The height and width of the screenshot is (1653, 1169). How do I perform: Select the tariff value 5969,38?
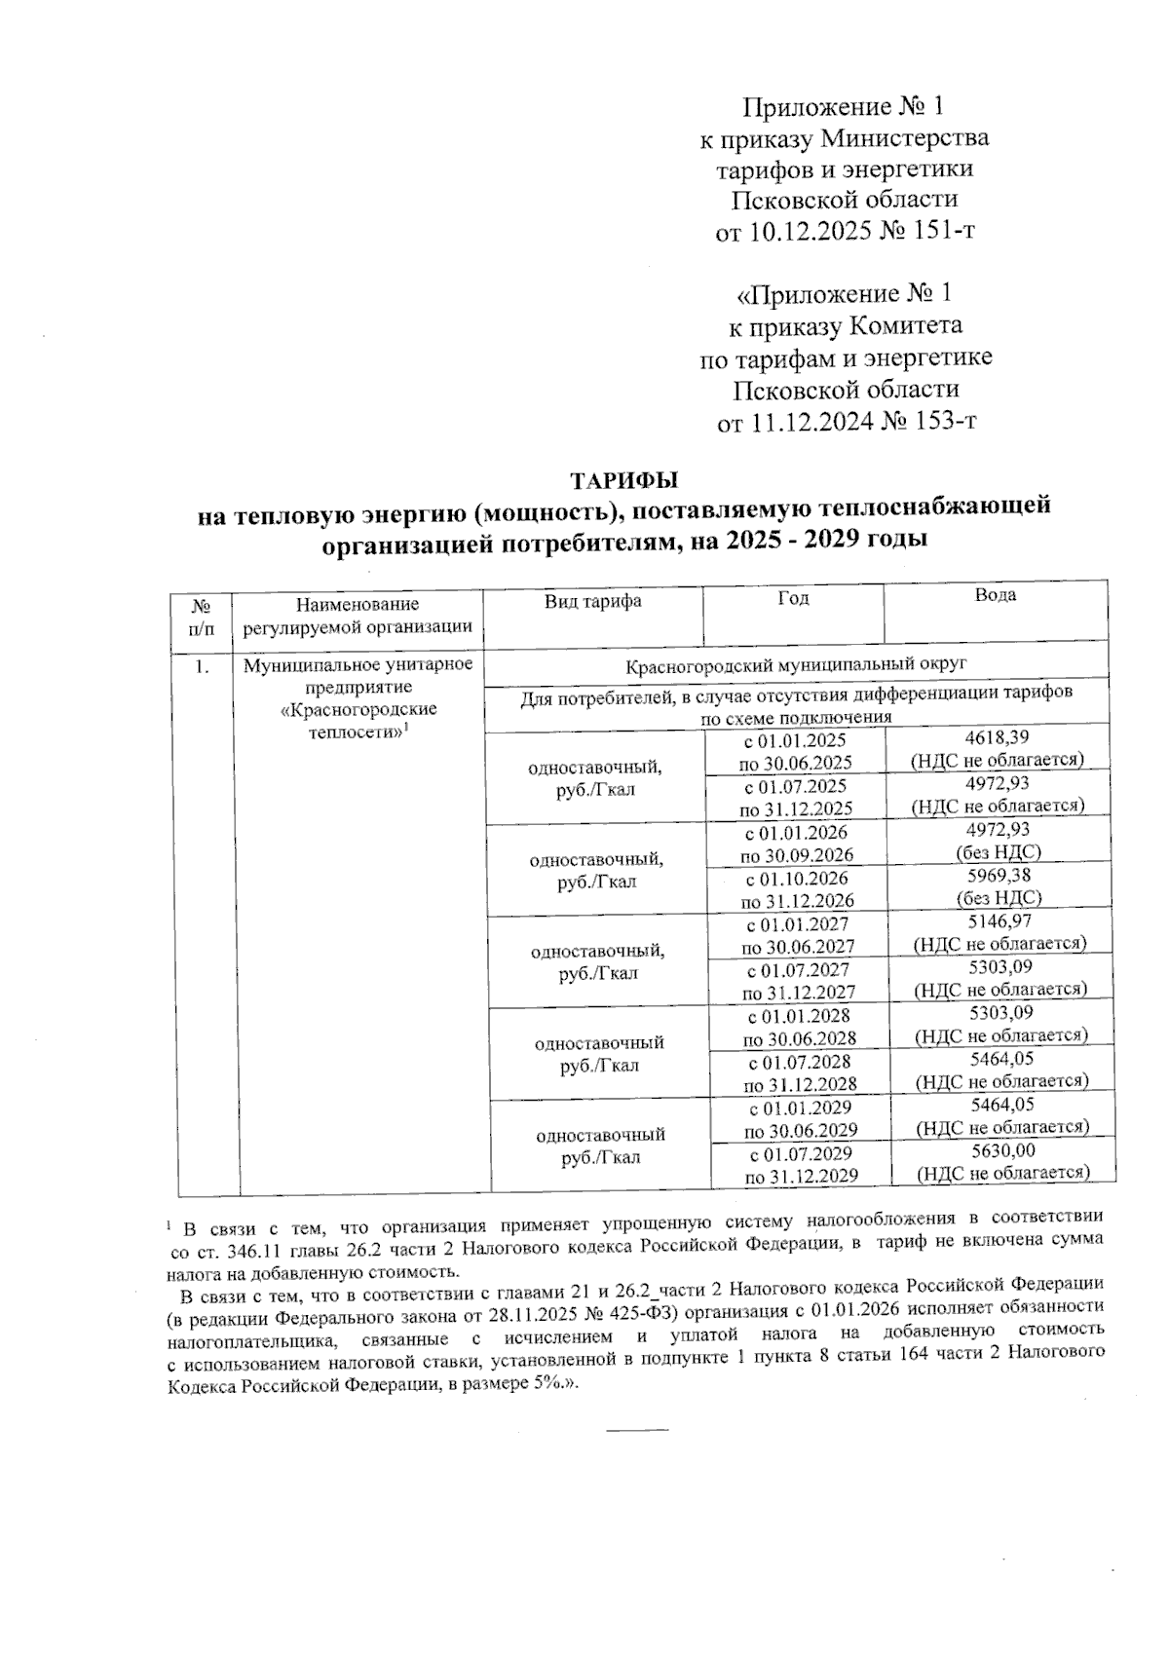coord(999,877)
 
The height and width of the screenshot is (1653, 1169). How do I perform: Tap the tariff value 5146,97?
coord(999,921)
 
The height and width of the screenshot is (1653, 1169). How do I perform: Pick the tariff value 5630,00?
coord(1002,1150)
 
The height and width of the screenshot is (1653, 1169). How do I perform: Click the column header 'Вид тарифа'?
coord(592,601)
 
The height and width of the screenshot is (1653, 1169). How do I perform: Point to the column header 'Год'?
coord(793,598)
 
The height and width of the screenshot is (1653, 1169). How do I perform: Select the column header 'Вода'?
coord(995,595)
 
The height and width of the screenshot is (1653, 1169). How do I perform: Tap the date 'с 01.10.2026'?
coord(796,879)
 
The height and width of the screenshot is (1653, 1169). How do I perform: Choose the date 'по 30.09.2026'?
coord(796,856)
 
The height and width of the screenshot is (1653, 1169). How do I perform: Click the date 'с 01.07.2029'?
coord(800,1153)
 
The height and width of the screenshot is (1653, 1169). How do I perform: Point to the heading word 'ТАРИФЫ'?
coord(623,481)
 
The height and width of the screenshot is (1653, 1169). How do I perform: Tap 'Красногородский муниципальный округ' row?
coord(795,665)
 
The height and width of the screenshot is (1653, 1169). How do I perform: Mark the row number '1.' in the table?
coord(202,667)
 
